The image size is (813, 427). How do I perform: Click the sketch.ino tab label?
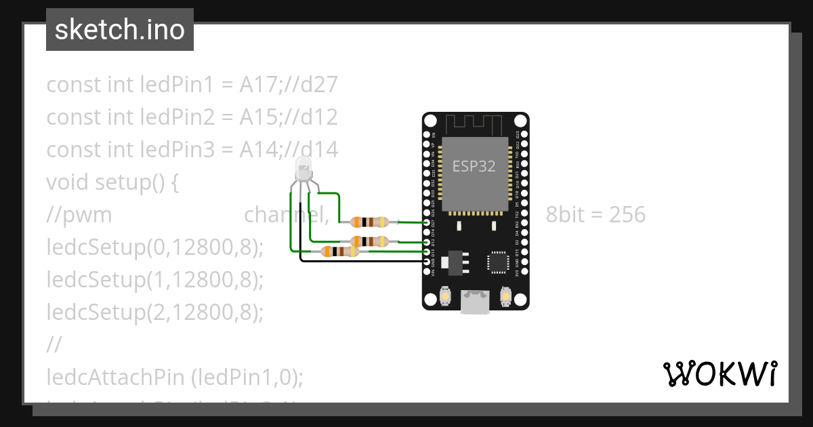(x=120, y=30)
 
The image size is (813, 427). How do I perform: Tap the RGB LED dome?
(x=303, y=167)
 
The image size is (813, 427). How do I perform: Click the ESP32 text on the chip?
(x=474, y=166)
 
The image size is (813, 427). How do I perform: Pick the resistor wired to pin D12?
(x=369, y=241)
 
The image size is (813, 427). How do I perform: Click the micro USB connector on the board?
(x=476, y=302)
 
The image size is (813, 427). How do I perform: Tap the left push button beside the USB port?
(x=446, y=296)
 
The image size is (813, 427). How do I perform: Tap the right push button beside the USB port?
(x=505, y=296)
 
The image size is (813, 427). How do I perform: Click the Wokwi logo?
(x=720, y=373)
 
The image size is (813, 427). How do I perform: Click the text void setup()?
(x=112, y=182)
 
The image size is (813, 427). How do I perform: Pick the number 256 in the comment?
(x=627, y=215)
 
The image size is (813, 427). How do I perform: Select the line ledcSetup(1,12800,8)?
(x=154, y=280)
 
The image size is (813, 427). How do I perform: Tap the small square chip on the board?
(x=497, y=262)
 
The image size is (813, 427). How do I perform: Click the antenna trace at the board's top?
(x=475, y=124)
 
